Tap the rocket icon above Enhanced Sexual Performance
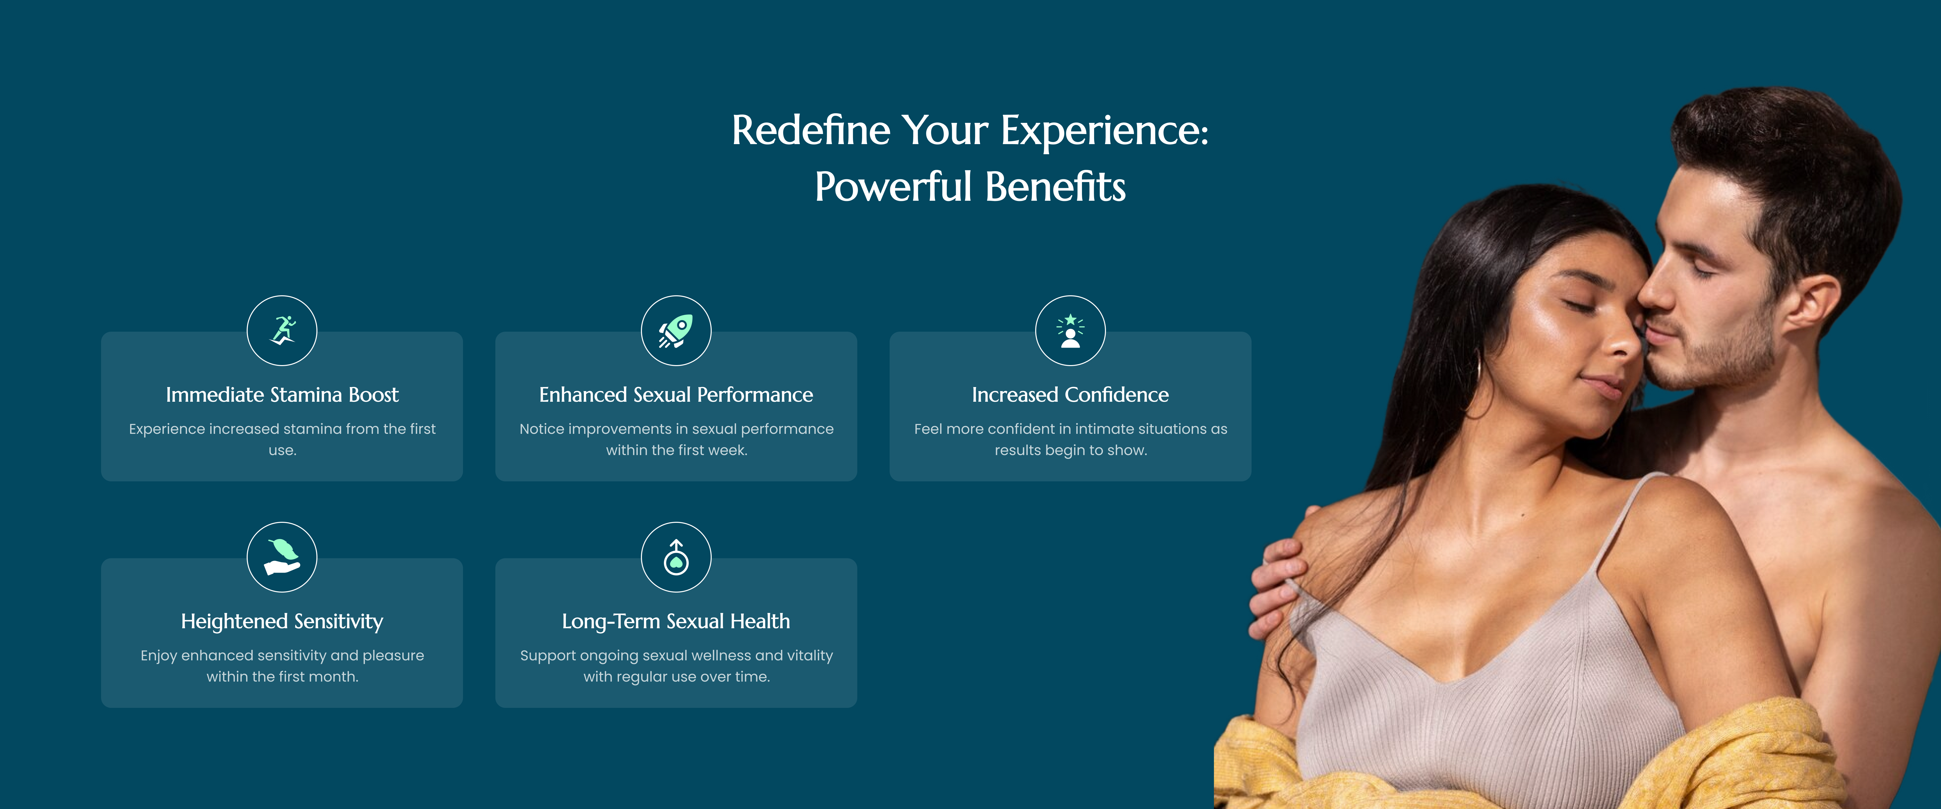pyautogui.click(x=676, y=330)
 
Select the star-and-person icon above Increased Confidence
pyautogui.click(x=1070, y=330)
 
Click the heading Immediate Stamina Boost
pyautogui.click(x=282, y=394)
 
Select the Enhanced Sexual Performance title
pyautogui.click(x=676, y=394)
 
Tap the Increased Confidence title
pyautogui.click(x=1070, y=394)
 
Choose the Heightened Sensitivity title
pyautogui.click(x=282, y=621)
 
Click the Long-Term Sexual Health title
pyautogui.click(x=676, y=621)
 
